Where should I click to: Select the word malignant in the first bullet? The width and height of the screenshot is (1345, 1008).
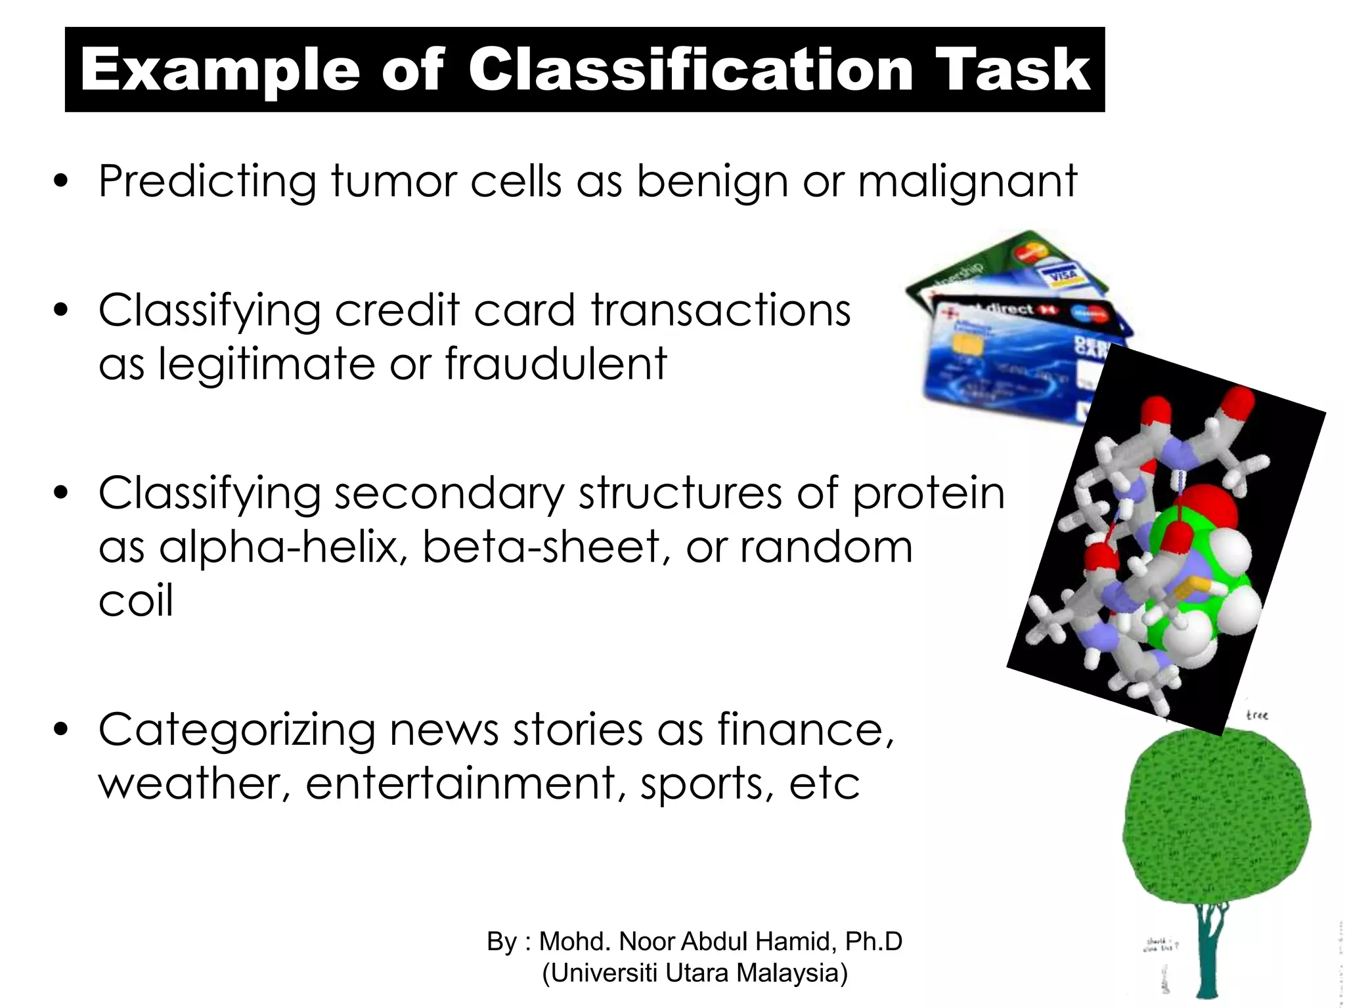(967, 182)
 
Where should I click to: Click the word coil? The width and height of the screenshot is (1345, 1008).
(136, 600)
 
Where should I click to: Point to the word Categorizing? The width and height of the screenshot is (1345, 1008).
(236, 730)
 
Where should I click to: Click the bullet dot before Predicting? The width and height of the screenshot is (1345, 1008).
(61, 182)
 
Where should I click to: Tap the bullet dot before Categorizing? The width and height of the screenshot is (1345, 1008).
(61, 730)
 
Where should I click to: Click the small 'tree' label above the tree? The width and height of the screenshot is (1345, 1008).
(1256, 715)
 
